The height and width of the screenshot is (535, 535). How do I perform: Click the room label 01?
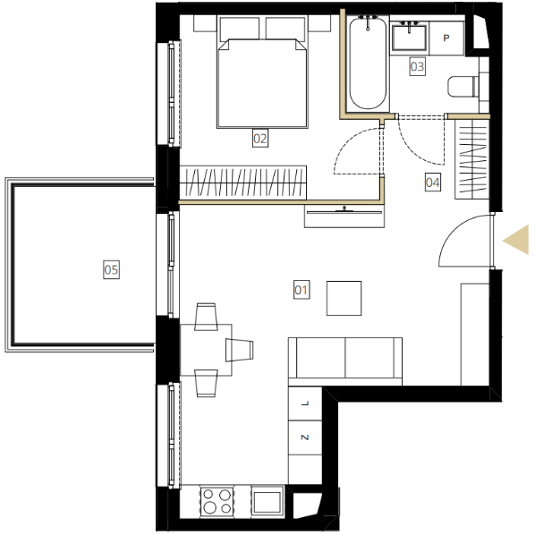301,290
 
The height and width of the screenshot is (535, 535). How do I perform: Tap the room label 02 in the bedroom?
260,138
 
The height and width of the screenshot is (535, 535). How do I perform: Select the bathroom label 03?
417,66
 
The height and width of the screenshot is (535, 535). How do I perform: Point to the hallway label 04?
433,183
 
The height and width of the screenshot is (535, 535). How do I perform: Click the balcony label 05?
111,269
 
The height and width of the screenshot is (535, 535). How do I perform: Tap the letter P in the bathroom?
446,38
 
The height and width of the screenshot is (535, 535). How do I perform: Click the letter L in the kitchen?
305,403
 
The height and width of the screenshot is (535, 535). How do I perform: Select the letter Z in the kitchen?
305,437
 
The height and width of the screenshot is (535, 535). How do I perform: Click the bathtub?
368,64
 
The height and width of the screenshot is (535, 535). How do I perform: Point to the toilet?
463,87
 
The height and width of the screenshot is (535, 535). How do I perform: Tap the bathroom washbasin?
409,38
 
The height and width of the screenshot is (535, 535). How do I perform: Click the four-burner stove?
217,501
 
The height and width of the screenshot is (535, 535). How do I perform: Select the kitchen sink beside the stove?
267,501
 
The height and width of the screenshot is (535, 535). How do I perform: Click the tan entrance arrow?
516,240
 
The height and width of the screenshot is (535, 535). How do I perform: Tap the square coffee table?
344,298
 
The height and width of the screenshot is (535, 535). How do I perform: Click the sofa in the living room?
345,361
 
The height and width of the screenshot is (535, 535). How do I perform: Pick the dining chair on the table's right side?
239,350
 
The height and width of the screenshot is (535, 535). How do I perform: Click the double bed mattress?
262,83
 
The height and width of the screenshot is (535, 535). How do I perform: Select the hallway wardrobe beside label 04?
472,159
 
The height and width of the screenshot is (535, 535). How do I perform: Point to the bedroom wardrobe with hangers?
243,183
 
